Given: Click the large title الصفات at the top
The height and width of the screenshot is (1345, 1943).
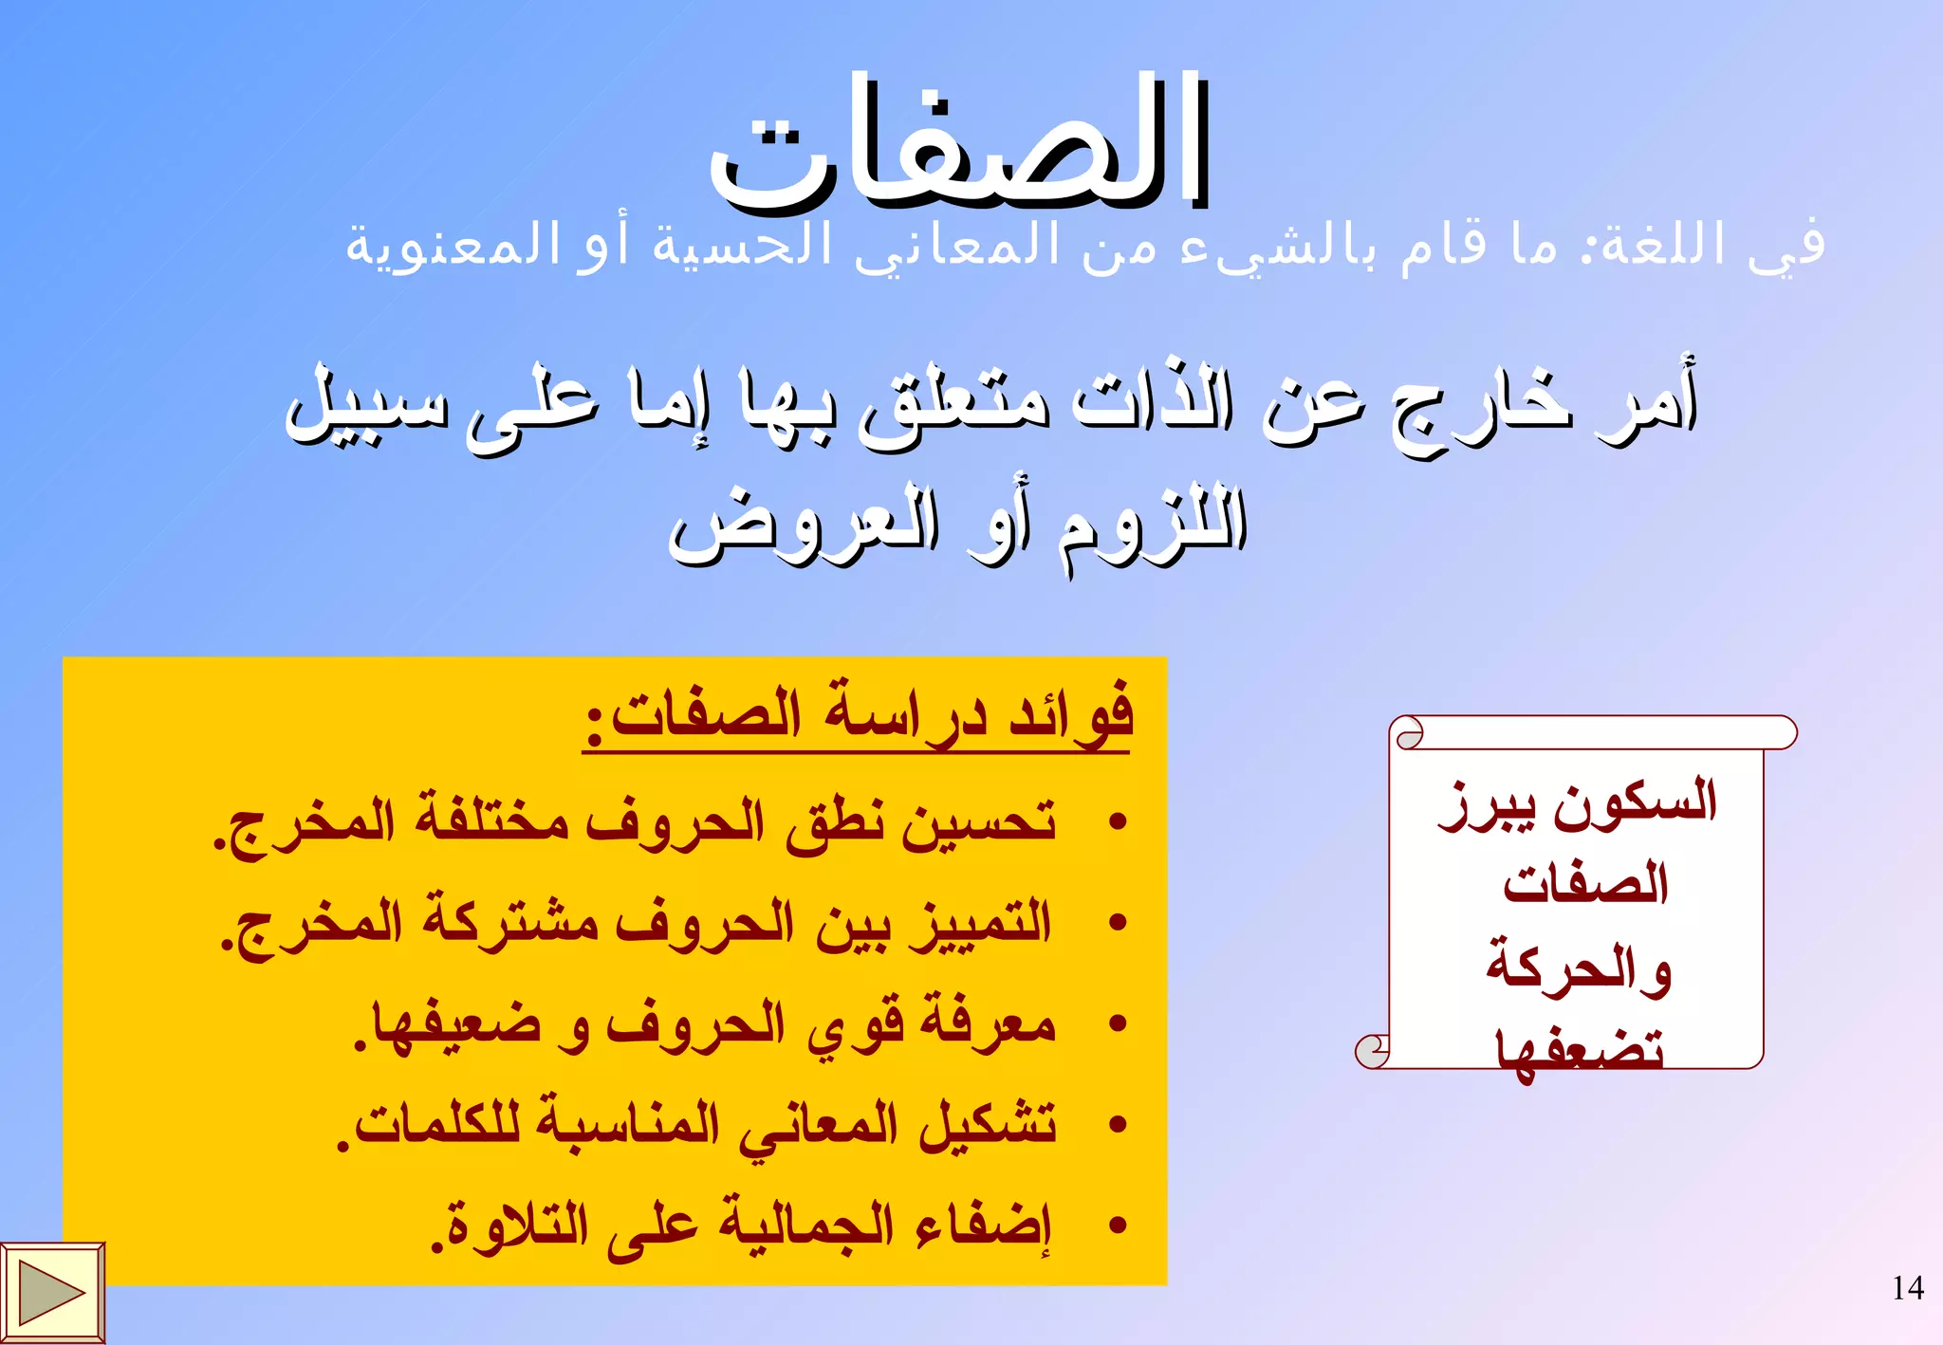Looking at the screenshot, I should (958, 142).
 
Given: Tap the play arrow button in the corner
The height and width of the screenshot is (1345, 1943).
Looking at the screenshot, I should (52, 1293).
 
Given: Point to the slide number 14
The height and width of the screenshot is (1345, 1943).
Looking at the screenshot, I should (1907, 1288).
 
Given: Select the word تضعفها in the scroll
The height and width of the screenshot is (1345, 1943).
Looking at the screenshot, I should (1580, 1051).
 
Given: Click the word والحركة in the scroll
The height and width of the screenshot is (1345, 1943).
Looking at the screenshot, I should (1579, 967).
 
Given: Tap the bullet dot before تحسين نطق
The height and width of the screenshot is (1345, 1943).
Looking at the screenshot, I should (1119, 820).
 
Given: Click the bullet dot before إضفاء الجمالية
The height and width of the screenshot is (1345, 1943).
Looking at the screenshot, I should (1119, 1225).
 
